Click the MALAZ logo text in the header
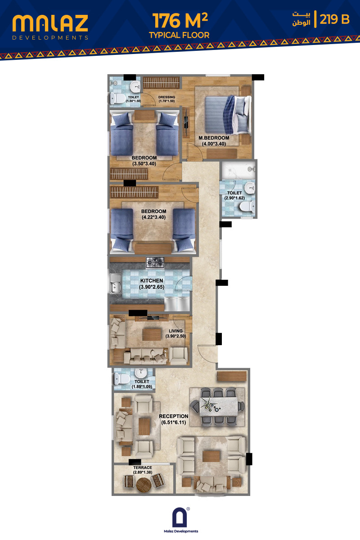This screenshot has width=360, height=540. (x=50, y=23)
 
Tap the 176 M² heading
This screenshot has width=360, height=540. (x=180, y=21)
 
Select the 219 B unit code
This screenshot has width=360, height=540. (x=334, y=19)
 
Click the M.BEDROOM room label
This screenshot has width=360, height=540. (x=214, y=138)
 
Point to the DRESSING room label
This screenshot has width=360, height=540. (x=166, y=97)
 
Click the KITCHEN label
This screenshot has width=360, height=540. (x=152, y=281)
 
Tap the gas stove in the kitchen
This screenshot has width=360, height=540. (x=155, y=262)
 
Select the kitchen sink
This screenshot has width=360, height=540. (x=116, y=283)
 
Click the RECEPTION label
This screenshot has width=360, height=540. (x=174, y=416)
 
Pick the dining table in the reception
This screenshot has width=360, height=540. (x=218, y=407)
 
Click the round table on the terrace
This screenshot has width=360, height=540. (x=144, y=485)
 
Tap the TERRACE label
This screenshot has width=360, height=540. (x=143, y=468)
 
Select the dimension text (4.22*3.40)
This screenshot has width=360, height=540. (x=153, y=217)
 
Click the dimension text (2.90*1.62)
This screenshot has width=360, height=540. (x=234, y=198)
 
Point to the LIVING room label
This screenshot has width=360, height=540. (x=175, y=331)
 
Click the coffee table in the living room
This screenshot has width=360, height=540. (x=152, y=334)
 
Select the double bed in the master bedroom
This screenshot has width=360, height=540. (x=228, y=115)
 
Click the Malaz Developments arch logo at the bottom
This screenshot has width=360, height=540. (x=180, y=518)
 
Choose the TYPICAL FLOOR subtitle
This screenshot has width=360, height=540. (x=179, y=35)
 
